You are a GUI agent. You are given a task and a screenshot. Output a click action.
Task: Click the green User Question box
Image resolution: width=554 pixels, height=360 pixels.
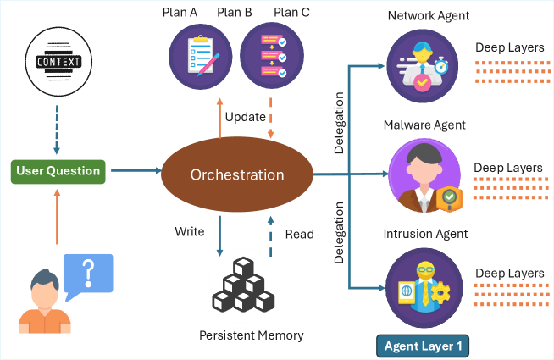58,171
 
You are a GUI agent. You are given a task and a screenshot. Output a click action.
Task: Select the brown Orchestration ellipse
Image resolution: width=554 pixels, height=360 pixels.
236,175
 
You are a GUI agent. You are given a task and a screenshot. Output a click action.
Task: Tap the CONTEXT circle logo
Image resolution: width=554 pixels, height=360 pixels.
58,61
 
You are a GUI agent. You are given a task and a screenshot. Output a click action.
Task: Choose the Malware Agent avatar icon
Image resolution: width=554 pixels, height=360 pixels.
420,174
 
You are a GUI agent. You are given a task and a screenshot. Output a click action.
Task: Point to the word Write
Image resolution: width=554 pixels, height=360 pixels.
190,230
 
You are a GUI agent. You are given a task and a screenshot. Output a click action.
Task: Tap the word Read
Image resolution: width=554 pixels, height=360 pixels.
300,234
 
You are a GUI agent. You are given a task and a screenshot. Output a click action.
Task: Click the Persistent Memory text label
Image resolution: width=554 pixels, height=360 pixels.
251,335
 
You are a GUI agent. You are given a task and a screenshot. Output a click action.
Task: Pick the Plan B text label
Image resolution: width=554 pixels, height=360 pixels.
234,13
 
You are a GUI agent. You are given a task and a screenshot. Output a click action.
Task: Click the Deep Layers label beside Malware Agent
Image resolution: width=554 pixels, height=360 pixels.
507,168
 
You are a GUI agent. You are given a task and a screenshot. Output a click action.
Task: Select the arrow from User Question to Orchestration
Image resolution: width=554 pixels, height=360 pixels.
134,171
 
